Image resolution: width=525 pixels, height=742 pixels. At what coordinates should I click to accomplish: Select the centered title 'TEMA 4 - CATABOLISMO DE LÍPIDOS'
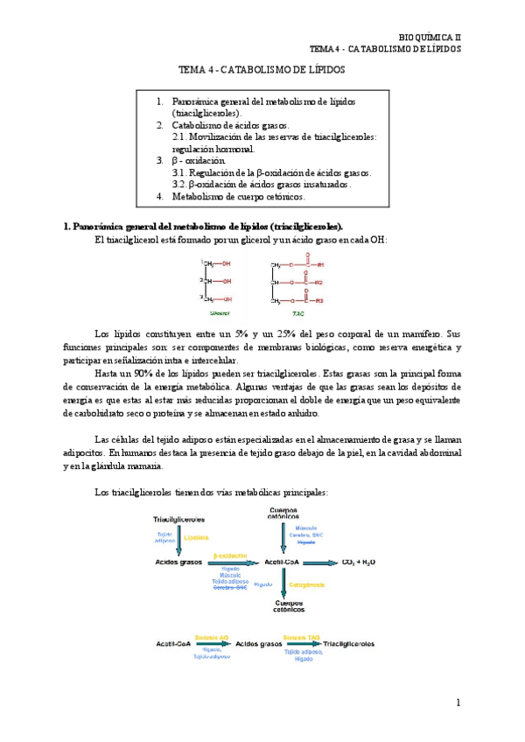(262, 69)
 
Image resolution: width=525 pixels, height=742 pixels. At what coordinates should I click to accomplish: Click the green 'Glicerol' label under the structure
(220, 311)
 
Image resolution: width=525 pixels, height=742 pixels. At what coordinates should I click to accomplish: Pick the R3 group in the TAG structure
(320, 301)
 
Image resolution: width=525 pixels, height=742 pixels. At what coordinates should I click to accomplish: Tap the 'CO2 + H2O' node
(359, 562)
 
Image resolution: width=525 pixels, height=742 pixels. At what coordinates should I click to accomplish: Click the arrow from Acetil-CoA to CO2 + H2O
(320, 563)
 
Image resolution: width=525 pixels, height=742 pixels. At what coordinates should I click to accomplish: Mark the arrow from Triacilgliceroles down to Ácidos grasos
(178, 538)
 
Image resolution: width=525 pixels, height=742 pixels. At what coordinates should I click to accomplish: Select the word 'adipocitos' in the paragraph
(85, 453)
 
